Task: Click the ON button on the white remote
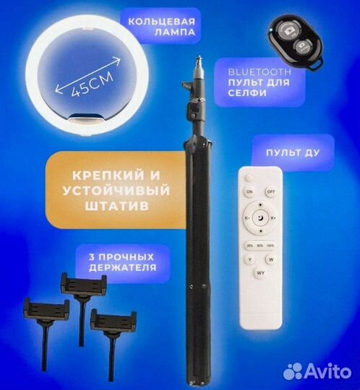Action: tap(249, 192)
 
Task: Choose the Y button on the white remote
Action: tap(250, 259)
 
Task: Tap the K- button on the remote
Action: tap(247, 217)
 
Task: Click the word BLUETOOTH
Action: tap(259, 72)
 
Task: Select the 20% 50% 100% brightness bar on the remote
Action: tap(261, 243)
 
